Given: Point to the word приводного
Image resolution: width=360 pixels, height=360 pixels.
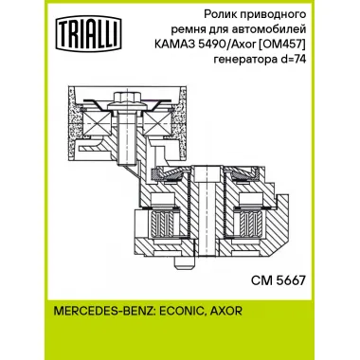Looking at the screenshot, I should [281, 17].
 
